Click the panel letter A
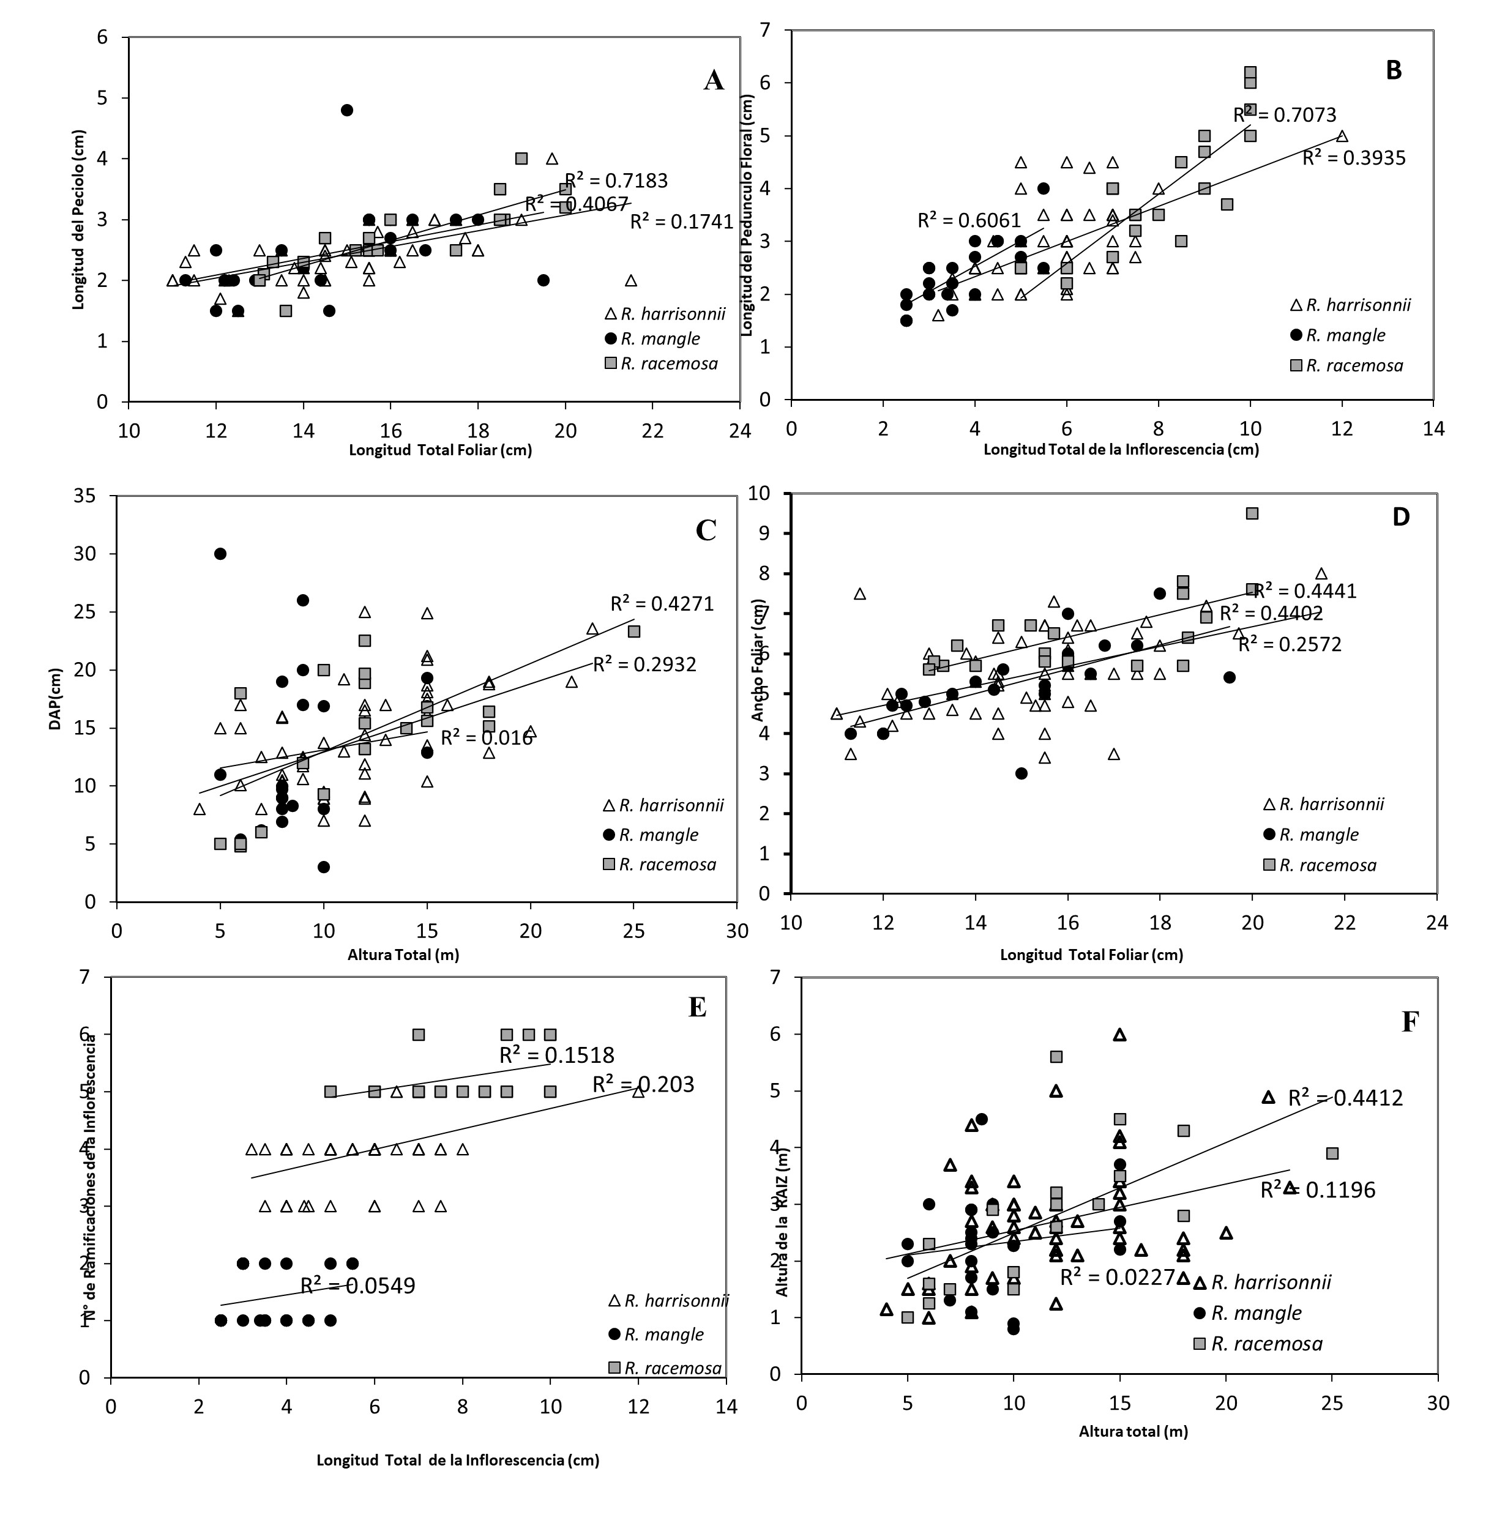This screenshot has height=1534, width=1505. pyautogui.click(x=713, y=81)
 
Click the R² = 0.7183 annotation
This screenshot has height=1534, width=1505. pyautogui.click(x=616, y=181)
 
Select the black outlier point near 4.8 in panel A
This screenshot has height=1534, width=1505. pyautogui.click(x=346, y=110)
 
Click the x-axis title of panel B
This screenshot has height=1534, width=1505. pyautogui.click(x=1121, y=450)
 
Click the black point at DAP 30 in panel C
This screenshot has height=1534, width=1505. pyautogui.click(x=220, y=554)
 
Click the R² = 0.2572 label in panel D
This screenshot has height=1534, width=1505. pyautogui.click(x=1290, y=645)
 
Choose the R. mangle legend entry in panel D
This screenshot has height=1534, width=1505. pyautogui.click(x=1318, y=835)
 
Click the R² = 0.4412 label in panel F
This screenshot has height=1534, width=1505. pyautogui.click(x=1345, y=1098)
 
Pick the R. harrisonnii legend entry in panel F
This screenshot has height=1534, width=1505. pyautogui.click(x=1270, y=1283)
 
